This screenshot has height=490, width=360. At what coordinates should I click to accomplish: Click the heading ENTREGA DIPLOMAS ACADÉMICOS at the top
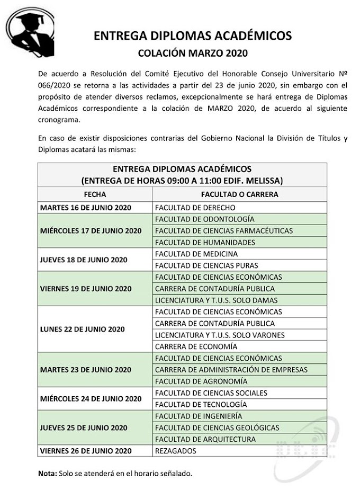193,35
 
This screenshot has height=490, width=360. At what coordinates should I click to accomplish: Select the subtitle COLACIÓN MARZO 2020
193,53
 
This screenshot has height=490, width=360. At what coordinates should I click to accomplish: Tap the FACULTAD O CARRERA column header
239,194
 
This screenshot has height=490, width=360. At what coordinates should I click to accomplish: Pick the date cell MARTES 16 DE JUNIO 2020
86,208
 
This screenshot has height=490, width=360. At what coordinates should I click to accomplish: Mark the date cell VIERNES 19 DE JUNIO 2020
86,289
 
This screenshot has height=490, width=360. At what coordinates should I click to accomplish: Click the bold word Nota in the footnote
46,473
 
